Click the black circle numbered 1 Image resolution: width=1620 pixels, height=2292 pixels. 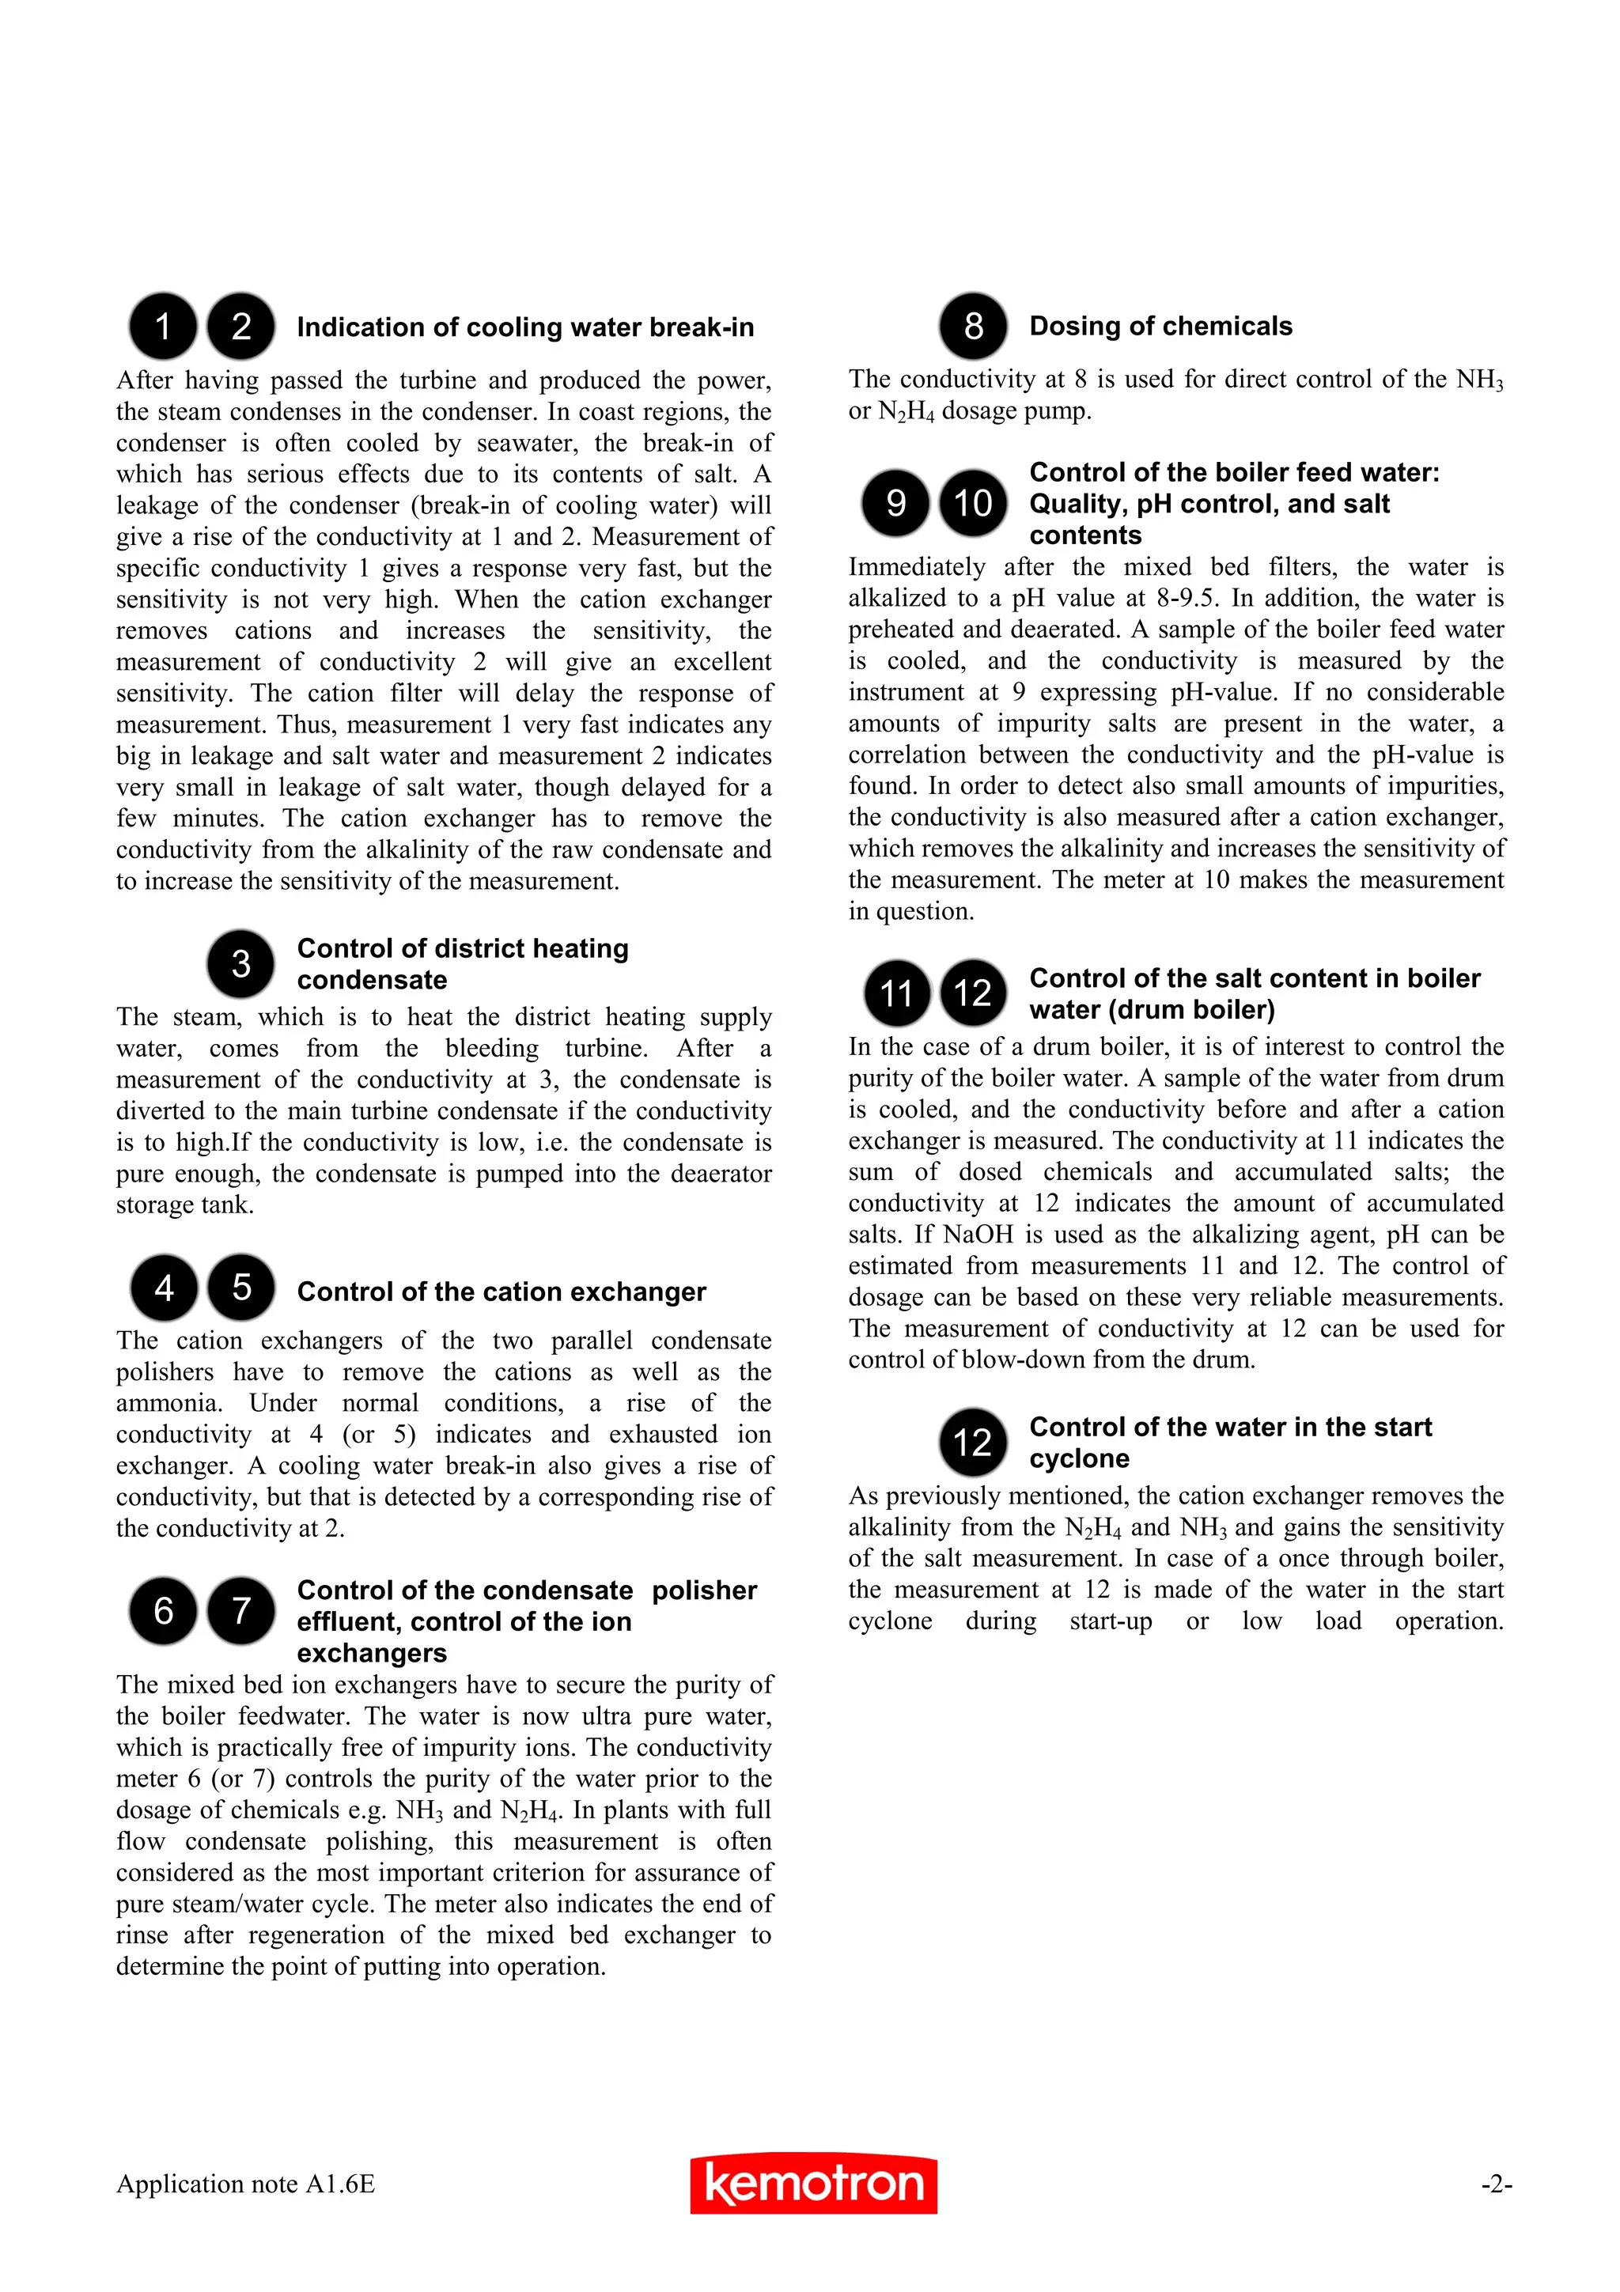pos(163,327)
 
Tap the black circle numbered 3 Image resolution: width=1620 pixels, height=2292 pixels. pos(240,963)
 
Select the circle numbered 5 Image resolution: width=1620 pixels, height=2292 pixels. pos(240,1287)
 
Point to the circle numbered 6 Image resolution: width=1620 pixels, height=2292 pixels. pos(163,1610)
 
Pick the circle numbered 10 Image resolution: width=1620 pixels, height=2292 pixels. pos(973,502)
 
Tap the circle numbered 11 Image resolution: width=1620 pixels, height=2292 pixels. pos(896,993)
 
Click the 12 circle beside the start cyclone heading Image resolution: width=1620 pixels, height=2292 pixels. pos(973,1443)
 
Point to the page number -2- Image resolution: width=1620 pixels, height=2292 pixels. pos(1497,2184)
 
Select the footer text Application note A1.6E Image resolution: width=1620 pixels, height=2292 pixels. pos(245,2184)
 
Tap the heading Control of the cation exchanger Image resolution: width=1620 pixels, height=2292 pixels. pos(501,1292)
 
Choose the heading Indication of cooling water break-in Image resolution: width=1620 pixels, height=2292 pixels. pos(525,327)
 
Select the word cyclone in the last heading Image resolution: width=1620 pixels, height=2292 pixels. pos(1079,1458)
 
